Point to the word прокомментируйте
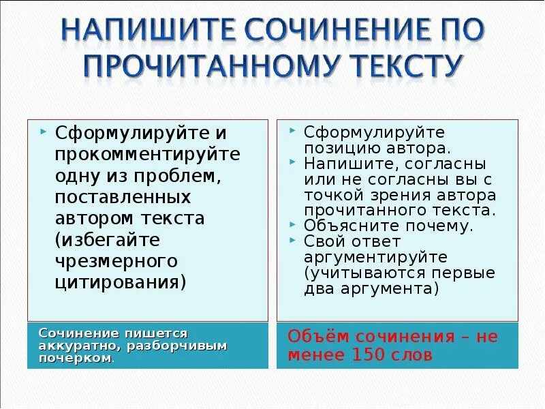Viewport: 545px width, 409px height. tap(148, 154)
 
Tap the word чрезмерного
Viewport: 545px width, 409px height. tap(116, 261)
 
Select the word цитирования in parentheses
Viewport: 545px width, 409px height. tap(120, 282)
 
